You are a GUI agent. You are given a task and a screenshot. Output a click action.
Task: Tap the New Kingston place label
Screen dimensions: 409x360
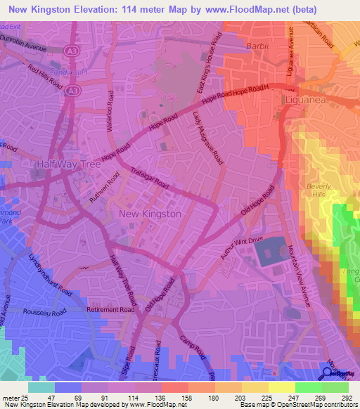150,214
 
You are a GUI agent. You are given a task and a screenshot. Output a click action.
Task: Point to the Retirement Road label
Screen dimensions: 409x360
110,309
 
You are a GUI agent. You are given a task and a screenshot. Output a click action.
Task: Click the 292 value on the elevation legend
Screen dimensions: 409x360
346,397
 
